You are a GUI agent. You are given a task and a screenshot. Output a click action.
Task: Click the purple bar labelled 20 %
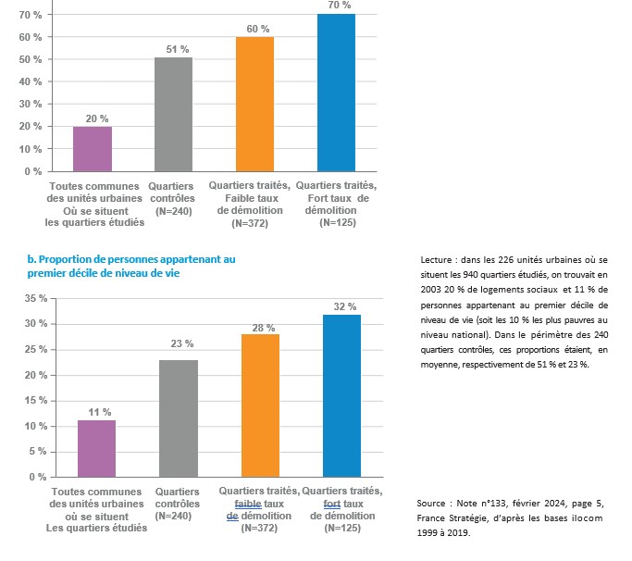(x=92, y=149)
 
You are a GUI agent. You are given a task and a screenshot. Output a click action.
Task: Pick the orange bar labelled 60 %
(x=254, y=105)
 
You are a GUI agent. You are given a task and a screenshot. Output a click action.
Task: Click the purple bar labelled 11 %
(x=97, y=448)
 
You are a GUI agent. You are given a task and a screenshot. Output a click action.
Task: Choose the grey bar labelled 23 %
(x=179, y=418)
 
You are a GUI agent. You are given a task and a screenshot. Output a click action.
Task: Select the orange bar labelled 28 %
(x=260, y=405)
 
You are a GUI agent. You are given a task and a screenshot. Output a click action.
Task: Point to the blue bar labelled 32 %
(x=341, y=395)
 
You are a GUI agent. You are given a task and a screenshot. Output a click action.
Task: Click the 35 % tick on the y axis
(x=35, y=298)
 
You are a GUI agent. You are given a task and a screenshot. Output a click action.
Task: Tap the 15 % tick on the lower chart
(x=35, y=401)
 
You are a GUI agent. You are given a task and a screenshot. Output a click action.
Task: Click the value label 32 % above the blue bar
(x=342, y=306)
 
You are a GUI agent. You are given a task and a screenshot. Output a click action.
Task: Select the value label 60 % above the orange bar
(x=256, y=29)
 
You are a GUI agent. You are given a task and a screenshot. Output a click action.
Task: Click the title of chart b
(x=130, y=266)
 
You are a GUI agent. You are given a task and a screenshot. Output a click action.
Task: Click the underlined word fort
(x=331, y=503)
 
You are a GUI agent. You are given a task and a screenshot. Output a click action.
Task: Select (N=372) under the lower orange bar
(x=260, y=528)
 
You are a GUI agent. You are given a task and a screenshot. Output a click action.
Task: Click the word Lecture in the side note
(x=436, y=258)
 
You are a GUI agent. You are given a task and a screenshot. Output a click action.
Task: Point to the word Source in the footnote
(x=435, y=503)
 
